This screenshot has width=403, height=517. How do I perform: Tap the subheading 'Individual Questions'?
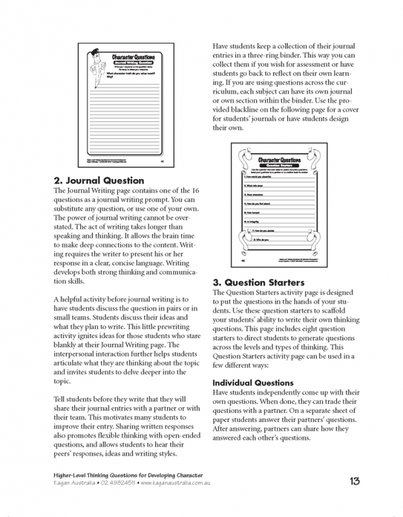point(254,383)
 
